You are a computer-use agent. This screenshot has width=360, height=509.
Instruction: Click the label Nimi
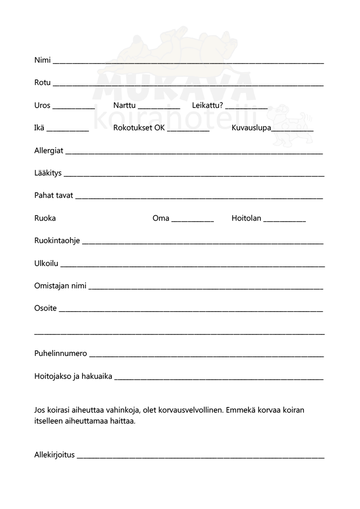pyautogui.click(x=42, y=61)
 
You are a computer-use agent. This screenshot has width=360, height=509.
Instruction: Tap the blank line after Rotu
pyautogui.click(x=188, y=85)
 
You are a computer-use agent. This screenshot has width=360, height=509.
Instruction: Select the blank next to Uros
pyautogui.click(x=74, y=107)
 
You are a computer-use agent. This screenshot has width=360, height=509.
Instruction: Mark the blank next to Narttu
pyautogui.click(x=159, y=107)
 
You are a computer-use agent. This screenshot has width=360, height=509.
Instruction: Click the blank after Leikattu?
pyautogui.click(x=246, y=107)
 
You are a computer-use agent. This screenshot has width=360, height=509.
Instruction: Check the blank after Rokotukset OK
pyautogui.click(x=188, y=130)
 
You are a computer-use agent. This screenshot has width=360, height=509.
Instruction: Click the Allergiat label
pyautogui.click(x=49, y=151)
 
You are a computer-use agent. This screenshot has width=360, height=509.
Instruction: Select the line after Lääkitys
pyautogui.click(x=194, y=175)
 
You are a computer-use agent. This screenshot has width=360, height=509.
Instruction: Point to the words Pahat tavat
pyautogui.click(x=54, y=195)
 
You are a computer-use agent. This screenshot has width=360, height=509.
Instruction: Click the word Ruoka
pyautogui.click(x=45, y=218)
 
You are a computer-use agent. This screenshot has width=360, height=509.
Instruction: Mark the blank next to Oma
pyautogui.click(x=192, y=220)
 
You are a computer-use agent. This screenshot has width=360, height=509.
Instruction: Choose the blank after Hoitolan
pyautogui.click(x=284, y=220)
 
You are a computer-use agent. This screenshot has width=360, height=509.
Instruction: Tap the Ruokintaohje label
pyautogui.click(x=57, y=241)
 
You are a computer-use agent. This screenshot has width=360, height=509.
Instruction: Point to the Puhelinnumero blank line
pyautogui.click(x=206, y=356)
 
